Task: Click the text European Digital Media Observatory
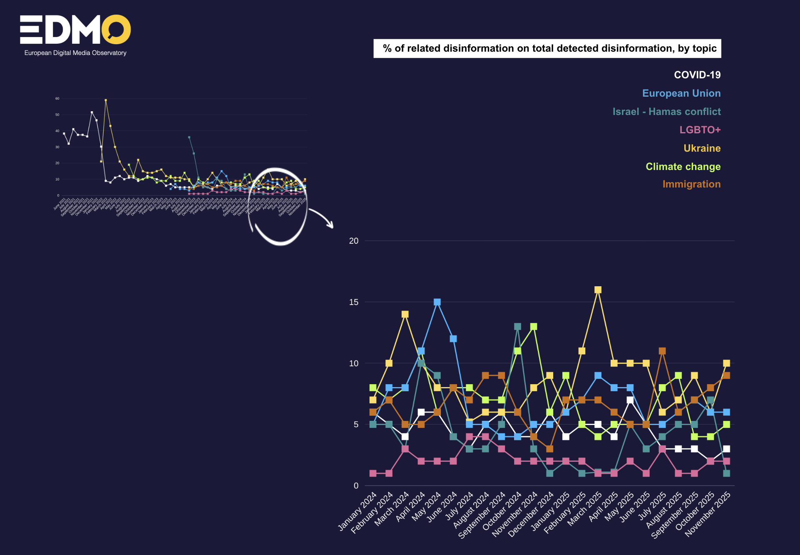pyautogui.click(x=75, y=53)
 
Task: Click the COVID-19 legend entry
pyautogui.click(x=697, y=75)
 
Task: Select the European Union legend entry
pyautogui.click(x=681, y=93)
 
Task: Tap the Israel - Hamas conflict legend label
pyautogui.click(x=666, y=112)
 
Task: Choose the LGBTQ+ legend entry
pyautogui.click(x=700, y=130)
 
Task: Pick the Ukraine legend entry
pyautogui.click(x=702, y=148)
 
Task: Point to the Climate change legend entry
pyautogui.click(x=683, y=167)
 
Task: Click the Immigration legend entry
pyautogui.click(x=691, y=184)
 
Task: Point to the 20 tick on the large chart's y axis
pyautogui.click(x=353, y=241)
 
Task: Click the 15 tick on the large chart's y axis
pyautogui.click(x=353, y=302)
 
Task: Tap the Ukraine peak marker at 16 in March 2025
pyautogui.click(x=598, y=290)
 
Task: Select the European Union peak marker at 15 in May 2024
pyautogui.click(x=437, y=302)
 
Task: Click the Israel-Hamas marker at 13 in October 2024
pyautogui.click(x=517, y=327)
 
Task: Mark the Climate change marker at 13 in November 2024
pyautogui.click(x=534, y=327)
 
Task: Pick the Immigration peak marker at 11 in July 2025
pyautogui.click(x=662, y=351)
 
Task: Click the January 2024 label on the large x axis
pyautogui.click(x=357, y=511)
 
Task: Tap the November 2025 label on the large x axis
pyautogui.click(x=708, y=514)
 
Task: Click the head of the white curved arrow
pyautogui.click(x=331, y=226)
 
